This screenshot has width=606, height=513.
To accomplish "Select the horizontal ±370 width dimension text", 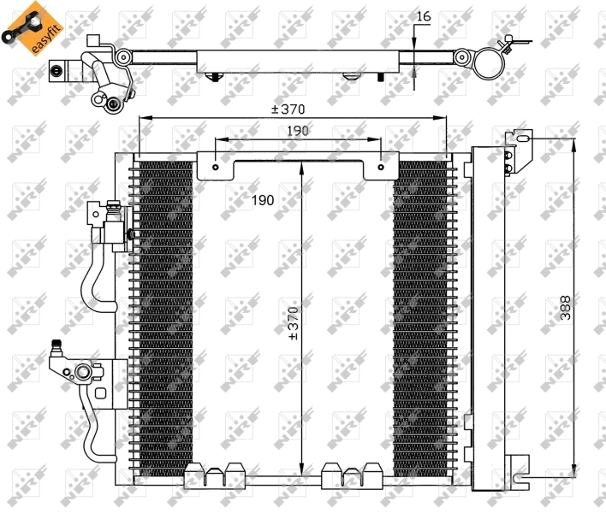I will pyautogui.click(x=288, y=109).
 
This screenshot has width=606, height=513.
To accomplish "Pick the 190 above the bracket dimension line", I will pyautogui.click(x=296, y=130).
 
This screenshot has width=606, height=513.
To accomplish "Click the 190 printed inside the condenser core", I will pyautogui.click(x=262, y=200).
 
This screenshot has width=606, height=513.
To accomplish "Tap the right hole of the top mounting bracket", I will pyautogui.click(x=380, y=168).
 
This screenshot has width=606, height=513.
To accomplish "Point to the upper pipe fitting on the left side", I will pyautogui.click(x=107, y=222).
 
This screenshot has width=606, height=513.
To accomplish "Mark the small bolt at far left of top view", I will pyautogui.click(x=58, y=71).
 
